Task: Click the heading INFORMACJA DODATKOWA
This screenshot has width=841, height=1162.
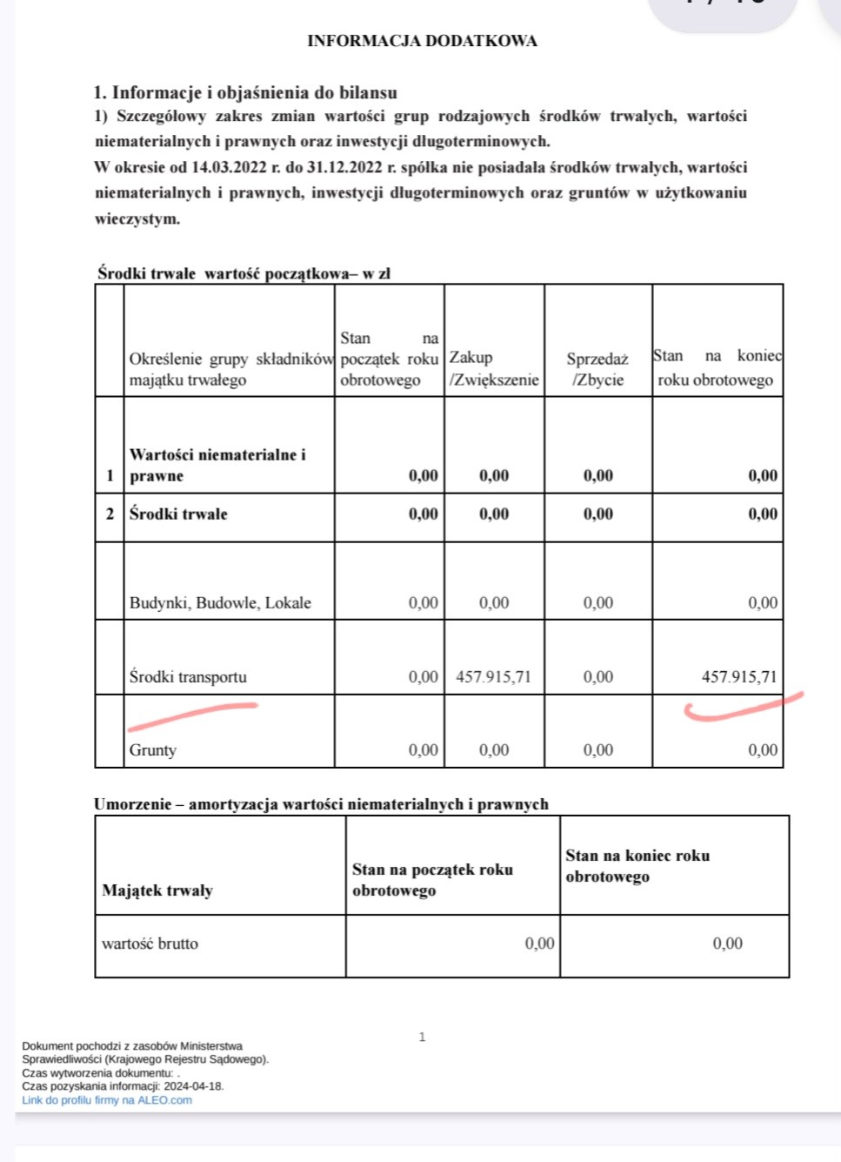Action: click(422, 41)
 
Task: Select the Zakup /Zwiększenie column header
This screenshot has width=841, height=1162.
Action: click(494, 368)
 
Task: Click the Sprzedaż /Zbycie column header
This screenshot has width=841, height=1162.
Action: click(597, 369)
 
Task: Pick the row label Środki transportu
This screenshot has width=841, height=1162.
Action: click(188, 676)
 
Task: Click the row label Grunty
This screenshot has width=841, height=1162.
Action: click(153, 749)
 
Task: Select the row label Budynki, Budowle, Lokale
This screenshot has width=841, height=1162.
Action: click(220, 602)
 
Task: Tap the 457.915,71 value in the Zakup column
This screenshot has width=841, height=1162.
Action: click(493, 676)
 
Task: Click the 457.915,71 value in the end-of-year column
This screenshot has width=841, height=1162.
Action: click(739, 676)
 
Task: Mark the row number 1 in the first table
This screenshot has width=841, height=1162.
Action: click(110, 475)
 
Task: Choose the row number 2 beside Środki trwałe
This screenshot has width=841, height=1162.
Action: click(110, 514)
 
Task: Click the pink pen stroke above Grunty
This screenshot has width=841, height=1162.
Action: click(192, 715)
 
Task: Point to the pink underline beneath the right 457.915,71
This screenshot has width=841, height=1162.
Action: click(739, 709)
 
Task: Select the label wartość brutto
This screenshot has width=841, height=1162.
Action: click(150, 943)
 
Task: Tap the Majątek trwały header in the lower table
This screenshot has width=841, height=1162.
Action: click(157, 890)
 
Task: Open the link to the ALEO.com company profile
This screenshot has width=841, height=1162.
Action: click(107, 1100)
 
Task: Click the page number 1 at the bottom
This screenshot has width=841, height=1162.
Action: click(423, 1037)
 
